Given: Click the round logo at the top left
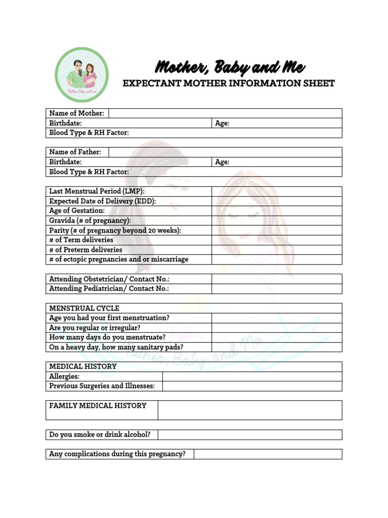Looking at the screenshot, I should point(81,74).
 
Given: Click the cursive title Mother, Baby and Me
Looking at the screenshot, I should point(229,67).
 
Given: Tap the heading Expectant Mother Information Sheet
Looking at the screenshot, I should point(228,83).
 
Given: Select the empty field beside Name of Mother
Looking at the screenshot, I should point(225,113).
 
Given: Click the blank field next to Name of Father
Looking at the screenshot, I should point(225,152).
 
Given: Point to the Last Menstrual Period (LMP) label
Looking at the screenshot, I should point(97,191).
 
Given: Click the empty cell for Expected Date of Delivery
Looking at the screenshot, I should point(276,201).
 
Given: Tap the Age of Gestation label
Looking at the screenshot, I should point(77,211).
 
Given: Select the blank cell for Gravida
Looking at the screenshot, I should point(276,221).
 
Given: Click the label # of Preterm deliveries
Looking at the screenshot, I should point(85,250).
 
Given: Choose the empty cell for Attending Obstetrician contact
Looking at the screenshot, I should point(276,279).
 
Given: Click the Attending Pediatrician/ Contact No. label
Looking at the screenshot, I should point(109,289).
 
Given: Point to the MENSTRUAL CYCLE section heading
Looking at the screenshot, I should point(84,308).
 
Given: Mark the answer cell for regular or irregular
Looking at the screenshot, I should point(276,328).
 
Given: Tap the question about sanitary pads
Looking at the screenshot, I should point(116,347).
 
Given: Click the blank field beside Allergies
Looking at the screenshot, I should point(252,376).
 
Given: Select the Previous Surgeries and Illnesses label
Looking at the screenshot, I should point(102,386).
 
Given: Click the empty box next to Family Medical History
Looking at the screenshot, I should point(250,410).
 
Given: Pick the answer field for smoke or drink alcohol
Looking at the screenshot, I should point(250,435).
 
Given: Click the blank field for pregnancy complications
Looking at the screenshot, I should point(268,454).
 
